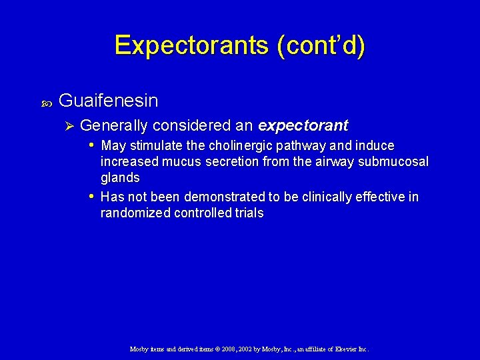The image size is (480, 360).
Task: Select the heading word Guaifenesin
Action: click(109, 101)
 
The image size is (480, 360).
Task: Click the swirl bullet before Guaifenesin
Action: click(46, 102)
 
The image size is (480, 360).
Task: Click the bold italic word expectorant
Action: click(303, 125)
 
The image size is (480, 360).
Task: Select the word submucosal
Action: click(395, 162)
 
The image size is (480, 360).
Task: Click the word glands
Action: click(120, 178)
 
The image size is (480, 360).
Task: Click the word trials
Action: click(248, 213)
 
